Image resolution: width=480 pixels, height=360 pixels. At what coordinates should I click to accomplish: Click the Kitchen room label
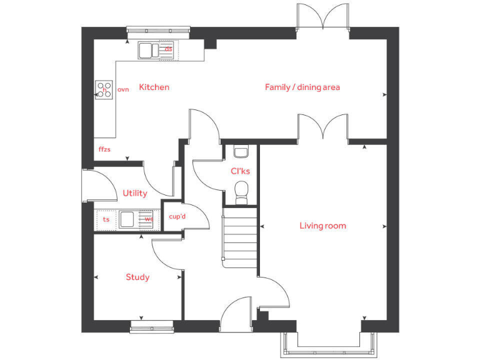[x=154, y=87]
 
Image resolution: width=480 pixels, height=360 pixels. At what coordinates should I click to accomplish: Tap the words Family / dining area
[x=302, y=87]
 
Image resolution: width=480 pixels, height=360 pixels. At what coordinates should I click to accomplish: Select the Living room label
[x=322, y=226]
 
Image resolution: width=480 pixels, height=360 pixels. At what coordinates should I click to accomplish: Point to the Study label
[x=137, y=277]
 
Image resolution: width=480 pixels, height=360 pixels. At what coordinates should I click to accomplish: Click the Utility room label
[x=135, y=193]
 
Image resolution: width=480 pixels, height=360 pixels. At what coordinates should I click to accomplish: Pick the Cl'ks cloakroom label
[x=240, y=171]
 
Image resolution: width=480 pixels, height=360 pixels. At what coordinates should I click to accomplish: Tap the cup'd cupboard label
[x=177, y=217]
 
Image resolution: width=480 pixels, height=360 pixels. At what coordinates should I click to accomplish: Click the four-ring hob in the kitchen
[x=104, y=90]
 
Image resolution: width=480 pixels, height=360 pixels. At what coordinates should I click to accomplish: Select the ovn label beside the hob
[x=123, y=90]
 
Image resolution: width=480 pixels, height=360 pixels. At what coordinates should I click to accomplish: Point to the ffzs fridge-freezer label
[x=104, y=149]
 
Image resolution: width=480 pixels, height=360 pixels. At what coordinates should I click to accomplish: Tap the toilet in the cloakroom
[x=241, y=191]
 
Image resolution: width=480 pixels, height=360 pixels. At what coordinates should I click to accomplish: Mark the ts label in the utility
[x=106, y=219]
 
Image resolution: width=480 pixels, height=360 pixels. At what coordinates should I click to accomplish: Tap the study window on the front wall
[x=152, y=326]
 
